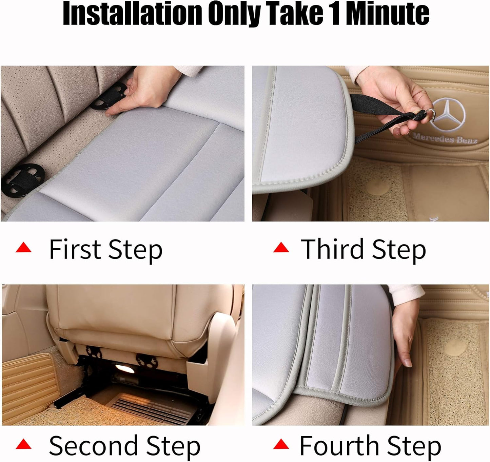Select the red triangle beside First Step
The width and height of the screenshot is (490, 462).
[x=23, y=248]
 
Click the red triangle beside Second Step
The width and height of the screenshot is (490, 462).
[x=23, y=444]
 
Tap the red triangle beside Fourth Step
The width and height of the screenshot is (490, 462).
[x=281, y=444]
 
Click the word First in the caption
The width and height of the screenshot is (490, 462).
[x=75, y=249]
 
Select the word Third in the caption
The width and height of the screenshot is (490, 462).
[x=332, y=249]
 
